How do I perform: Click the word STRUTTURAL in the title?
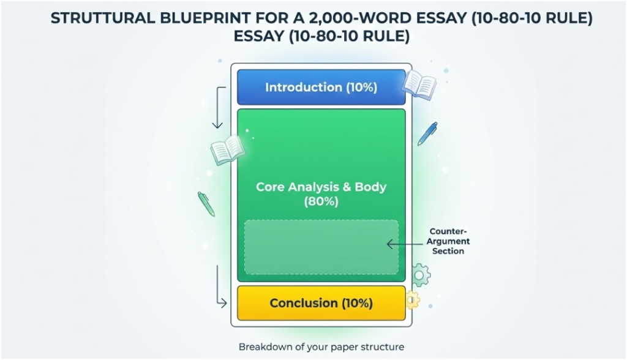point(103,18)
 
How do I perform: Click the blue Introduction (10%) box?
point(321,87)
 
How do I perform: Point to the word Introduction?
point(304,87)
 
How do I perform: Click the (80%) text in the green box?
point(321,201)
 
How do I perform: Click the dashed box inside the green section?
point(321,247)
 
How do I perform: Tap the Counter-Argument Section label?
point(448,241)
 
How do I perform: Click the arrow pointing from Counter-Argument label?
point(405,244)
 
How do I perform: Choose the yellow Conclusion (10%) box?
point(321,303)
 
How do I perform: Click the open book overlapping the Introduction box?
point(419,85)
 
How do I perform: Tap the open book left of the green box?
point(228,151)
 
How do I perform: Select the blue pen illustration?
point(427,133)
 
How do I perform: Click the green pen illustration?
point(206,204)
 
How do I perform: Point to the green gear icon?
point(419,276)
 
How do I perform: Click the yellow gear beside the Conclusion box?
point(412,299)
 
